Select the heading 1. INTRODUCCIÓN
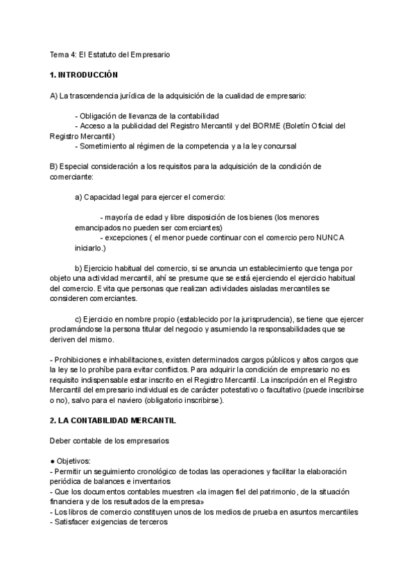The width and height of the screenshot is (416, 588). point(84,74)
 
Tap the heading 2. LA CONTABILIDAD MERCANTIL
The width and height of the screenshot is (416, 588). point(113,421)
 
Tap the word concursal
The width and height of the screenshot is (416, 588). point(279,146)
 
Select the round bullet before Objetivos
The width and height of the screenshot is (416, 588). point(52,461)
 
